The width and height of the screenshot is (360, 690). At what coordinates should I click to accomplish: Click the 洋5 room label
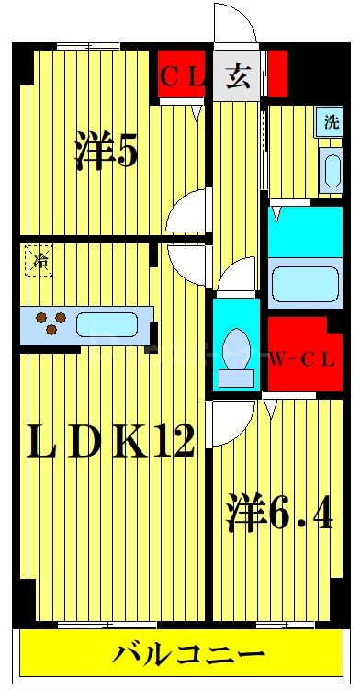[107, 151]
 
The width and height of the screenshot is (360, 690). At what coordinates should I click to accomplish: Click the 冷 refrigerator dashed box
[39, 261]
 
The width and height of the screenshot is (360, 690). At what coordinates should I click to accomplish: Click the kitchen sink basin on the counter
[107, 324]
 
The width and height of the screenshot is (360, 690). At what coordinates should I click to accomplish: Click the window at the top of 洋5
[88, 46]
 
